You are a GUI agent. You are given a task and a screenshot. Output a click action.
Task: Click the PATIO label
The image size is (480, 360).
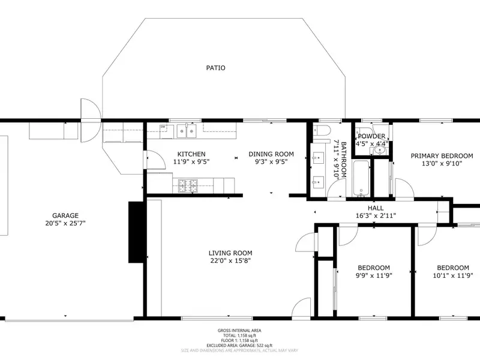point(216,68)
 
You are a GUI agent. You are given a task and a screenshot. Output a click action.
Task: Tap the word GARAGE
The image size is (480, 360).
point(65,215)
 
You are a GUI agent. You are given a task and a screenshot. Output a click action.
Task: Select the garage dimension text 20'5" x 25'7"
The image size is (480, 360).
point(65,223)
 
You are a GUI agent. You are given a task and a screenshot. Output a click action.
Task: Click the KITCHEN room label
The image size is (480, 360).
point(191,154)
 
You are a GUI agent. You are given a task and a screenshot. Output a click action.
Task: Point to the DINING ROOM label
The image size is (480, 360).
point(271,154)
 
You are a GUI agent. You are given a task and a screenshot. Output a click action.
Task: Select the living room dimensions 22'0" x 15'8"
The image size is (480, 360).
point(230,261)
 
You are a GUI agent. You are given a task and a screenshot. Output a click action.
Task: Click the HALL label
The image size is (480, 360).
point(376,208)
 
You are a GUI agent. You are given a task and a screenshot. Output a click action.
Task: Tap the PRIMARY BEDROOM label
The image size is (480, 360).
point(442,156)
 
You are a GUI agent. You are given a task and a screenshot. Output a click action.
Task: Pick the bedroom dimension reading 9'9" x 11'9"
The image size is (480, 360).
point(374,275)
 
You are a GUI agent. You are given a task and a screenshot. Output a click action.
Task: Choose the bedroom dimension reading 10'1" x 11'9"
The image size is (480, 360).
point(453,275)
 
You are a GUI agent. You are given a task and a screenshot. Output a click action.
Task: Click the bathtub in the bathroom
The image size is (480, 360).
point(361,178)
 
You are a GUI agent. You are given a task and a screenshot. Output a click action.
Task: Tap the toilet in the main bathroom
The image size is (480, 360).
point(321,130)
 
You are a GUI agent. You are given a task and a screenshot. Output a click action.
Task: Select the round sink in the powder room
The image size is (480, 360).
point(380,151)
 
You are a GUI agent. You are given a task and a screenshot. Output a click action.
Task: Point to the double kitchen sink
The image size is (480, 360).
point(187,131)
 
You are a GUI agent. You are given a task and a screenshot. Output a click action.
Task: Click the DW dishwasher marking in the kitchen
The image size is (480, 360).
point(163,127)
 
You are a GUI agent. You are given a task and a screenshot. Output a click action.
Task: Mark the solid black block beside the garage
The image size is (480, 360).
point(136,232)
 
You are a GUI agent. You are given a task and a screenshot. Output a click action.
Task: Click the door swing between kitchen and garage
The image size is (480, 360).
point(156,159)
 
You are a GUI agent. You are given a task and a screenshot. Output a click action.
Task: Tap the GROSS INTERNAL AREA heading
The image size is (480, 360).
point(239,331)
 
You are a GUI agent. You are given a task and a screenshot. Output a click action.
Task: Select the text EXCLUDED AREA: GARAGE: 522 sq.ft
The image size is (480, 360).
point(239,346)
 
